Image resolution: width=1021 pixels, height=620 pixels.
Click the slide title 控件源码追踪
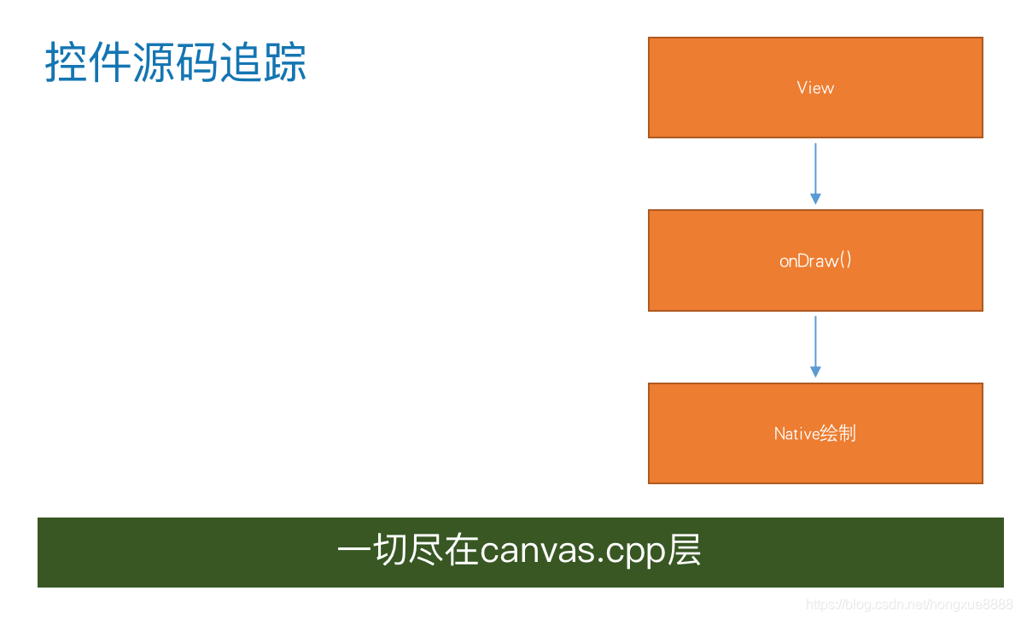(175, 63)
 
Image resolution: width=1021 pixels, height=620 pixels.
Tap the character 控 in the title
(67, 63)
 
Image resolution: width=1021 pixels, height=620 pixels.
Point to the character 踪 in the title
(285, 63)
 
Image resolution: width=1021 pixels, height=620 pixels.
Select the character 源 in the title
(154, 63)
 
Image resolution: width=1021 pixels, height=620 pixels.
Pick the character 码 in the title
(197, 63)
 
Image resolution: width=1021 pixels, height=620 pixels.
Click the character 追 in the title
(242, 63)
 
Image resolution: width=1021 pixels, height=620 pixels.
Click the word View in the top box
(815, 88)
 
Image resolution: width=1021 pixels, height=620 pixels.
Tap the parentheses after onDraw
(845, 260)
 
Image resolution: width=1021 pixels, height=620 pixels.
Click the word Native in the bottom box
(796, 434)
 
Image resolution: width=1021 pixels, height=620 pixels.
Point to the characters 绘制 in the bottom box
(838, 434)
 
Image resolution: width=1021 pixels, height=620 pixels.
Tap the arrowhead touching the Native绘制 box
(815, 372)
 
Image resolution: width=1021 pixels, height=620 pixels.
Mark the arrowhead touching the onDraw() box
(815, 199)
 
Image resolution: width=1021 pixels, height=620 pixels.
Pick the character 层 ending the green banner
(684, 552)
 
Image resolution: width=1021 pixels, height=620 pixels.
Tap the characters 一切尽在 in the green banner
(408, 552)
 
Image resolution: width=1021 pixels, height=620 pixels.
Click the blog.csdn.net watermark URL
(909, 605)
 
